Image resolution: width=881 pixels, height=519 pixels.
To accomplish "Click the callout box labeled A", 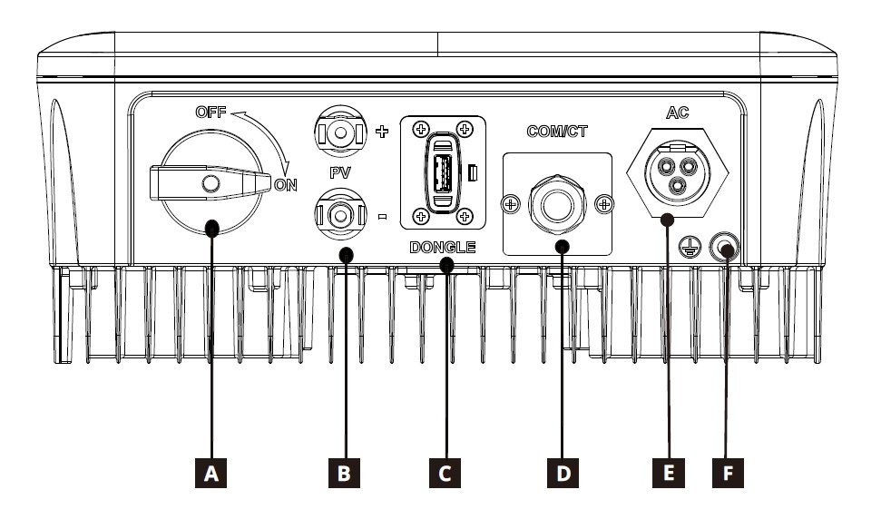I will [x=212, y=473].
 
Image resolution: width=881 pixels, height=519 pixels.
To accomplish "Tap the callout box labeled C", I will [x=444, y=473].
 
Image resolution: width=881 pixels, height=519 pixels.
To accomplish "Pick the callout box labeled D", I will [x=563, y=473].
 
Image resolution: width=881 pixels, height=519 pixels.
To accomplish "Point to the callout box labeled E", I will [x=667, y=473].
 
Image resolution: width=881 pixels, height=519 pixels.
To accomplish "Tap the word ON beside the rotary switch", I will [x=286, y=184].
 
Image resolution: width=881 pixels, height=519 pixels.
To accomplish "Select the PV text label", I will [x=341, y=171].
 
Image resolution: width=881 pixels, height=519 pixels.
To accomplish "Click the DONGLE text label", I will [x=443, y=247].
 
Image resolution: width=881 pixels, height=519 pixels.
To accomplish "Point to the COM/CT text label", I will [x=557, y=131].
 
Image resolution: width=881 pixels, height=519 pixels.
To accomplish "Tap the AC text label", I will [x=679, y=113].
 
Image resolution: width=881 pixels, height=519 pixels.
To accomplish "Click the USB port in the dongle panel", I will [x=442, y=171].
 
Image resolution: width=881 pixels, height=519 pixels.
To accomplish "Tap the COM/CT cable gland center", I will [x=557, y=201].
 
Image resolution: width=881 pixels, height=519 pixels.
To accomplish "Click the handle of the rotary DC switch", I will [x=211, y=184].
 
